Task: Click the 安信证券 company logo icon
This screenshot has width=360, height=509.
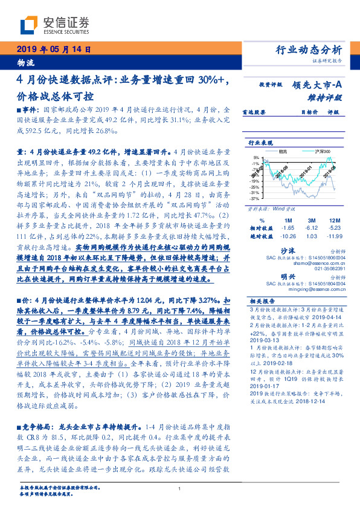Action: point(27,25)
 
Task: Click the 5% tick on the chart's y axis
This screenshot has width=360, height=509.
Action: point(257,157)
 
